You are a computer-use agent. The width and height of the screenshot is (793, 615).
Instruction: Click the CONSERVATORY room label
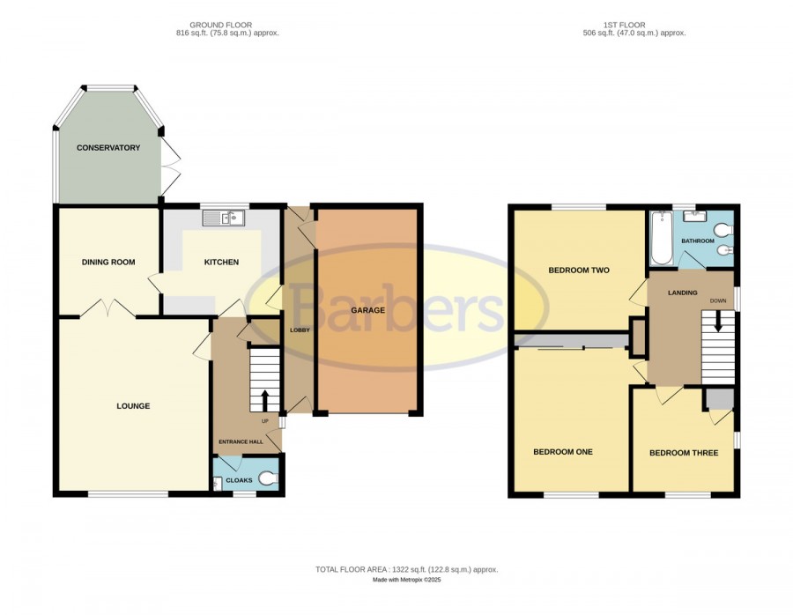click(108, 148)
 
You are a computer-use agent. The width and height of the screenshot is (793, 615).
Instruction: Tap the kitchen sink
click(224, 218)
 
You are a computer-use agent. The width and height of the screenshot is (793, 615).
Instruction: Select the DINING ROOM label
click(108, 262)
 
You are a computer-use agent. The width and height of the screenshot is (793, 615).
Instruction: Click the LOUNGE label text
click(133, 405)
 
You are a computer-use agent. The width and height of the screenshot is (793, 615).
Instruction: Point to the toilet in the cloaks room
click(269, 478)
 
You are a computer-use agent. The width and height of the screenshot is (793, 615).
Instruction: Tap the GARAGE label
click(367, 310)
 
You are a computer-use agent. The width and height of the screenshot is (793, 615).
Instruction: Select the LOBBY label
click(300, 330)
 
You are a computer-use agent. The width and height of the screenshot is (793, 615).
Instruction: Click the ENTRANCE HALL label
click(241, 441)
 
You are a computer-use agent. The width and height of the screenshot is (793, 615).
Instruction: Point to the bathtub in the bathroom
click(662, 238)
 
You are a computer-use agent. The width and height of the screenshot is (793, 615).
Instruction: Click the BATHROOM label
click(698, 241)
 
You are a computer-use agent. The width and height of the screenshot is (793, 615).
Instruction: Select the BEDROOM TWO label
click(579, 270)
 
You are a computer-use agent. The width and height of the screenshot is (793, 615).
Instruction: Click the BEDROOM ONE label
click(563, 452)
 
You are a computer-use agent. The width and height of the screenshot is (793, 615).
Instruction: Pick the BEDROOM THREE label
click(684, 453)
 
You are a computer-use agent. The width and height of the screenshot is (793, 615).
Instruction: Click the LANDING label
click(683, 293)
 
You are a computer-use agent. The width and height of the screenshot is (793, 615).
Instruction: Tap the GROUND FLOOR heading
click(220, 25)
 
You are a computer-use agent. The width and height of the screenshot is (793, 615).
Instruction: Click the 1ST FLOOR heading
click(624, 25)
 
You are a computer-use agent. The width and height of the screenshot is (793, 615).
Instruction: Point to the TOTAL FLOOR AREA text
click(406, 569)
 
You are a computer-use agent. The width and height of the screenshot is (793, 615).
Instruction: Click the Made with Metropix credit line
click(406, 580)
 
